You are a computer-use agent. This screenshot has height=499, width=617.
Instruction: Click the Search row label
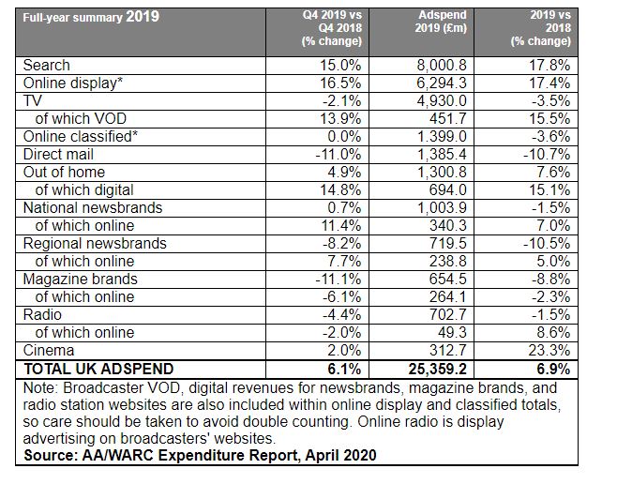click(x=47, y=66)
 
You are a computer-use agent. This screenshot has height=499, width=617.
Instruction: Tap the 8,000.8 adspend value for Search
click(x=442, y=66)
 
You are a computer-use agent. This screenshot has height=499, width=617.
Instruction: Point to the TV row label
click(x=32, y=100)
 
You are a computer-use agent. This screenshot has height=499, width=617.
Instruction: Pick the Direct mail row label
click(x=58, y=154)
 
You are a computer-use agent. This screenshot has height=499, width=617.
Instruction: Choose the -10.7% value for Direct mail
click(x=547, y=154)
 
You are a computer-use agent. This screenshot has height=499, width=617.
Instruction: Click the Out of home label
click(x=64, y=172)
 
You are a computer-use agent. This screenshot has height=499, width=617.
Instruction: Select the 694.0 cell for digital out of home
click(x=448, y=190)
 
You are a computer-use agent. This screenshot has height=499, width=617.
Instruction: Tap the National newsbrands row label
click(x=93, y=208)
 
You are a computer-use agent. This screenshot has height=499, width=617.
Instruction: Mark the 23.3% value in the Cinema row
click(x=549, y=350)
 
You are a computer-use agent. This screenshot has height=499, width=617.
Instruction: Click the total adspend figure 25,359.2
click(x=438, y=370)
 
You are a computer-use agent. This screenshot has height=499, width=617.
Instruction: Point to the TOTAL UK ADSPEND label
click(x=98, y=370)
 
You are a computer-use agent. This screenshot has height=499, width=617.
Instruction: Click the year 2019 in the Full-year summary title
click(x=143, y=17)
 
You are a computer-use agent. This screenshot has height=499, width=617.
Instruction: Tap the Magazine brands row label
click(x=81, y=279)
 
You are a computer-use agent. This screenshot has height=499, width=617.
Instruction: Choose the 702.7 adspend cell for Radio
click(x=448, y=315)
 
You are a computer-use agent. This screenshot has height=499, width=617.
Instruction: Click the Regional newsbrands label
click(x=95, y=244)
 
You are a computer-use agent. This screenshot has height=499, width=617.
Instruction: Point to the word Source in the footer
click(x=51, y=455)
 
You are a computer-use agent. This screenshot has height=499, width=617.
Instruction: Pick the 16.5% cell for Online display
click(x=340, y=83)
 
